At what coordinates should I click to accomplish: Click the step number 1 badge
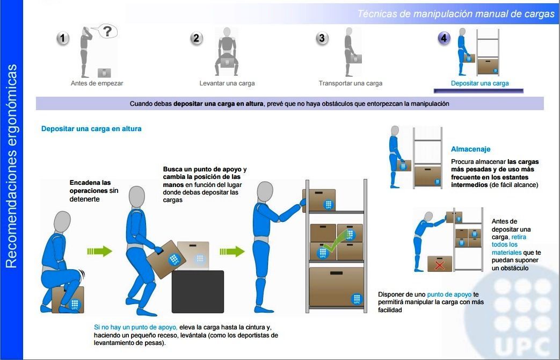(x=63, y=38)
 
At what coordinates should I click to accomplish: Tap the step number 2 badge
(x=196, y=38)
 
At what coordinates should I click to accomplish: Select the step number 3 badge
(x=322, y=38)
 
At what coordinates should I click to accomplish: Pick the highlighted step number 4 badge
(x=444, y=38)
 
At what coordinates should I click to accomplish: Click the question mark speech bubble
(x=106, y=31)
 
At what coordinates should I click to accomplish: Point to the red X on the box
(x=439, y=265)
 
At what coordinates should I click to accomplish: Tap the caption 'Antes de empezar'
(x=97, y=83)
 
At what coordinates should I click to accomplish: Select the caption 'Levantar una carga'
(x=227, y=83)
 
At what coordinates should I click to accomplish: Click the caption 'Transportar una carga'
(x=351, y=83)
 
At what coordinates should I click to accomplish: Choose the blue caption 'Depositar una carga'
(x=479, y=83)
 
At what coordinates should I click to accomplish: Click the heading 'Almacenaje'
(x=470, y=149)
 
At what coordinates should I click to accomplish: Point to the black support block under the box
(x=198, y=292)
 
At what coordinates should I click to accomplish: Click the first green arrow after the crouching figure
(x=100, y=251)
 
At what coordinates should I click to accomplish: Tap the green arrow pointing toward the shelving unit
(x=232, y=251)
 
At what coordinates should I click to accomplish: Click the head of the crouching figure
(x=62, y=222)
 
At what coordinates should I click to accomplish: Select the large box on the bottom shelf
(x=336, y=286)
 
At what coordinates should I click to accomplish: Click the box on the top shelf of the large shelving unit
(x=319, y=200)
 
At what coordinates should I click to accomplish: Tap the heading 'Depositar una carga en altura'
(x=91, y=129)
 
